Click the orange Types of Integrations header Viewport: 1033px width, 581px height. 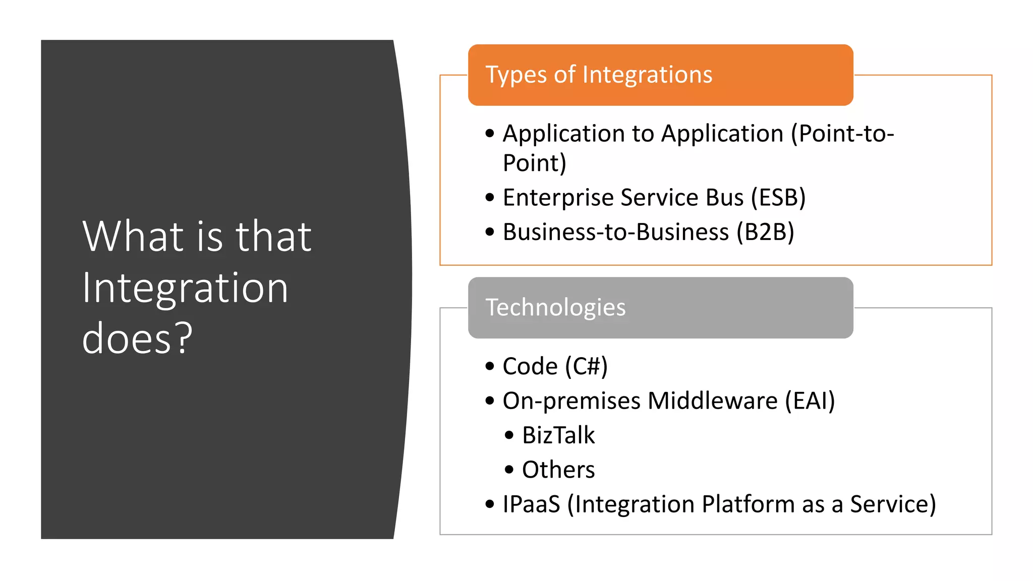coord(660,75)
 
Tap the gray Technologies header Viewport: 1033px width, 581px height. coord(660,308)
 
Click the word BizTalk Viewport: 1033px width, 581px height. coord(558,435)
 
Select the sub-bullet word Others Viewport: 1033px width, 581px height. coord(558,470)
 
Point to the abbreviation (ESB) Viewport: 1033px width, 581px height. coord(778,198)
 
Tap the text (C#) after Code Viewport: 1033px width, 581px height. coord(586,367)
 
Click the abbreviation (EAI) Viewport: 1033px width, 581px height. coord(810,401)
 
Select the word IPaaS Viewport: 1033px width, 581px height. coord(531,504)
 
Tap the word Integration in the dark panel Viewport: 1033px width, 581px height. coord(185,287)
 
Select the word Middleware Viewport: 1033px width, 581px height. coord(713,401)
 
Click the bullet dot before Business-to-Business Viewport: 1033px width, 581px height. coord(490,232)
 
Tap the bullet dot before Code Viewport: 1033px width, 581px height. coord(490,366)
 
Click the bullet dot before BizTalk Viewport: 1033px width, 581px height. coord(509,435)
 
